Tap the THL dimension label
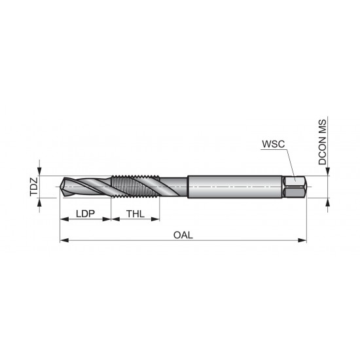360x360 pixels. click(135, 213)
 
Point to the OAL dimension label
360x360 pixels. click(183, 234)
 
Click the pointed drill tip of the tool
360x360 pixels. click(63, 187)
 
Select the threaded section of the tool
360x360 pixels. click(134, 187)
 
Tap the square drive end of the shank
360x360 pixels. click(297, 187)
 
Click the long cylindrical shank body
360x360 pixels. click(236, 187)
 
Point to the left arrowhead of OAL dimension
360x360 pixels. click(63, 241)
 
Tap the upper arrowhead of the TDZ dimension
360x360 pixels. click(41, 171)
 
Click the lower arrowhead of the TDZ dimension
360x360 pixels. click(41, 202)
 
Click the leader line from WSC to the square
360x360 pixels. click(289, 164)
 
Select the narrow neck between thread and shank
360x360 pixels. click(173, 187)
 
